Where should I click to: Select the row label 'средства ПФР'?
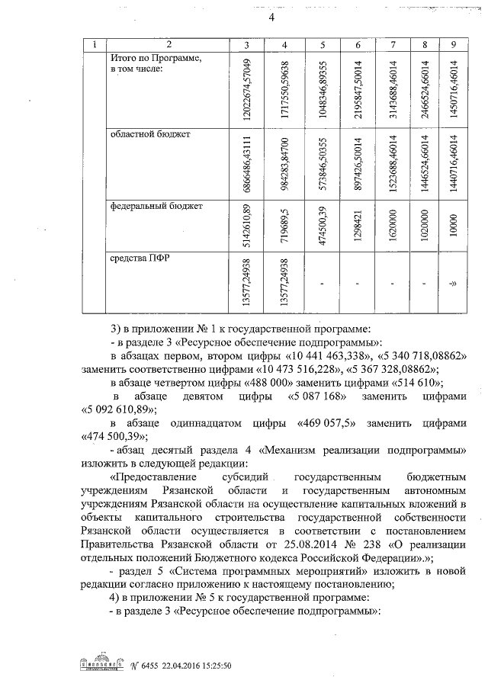coord(140,257)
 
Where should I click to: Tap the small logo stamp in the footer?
coord(102,664)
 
